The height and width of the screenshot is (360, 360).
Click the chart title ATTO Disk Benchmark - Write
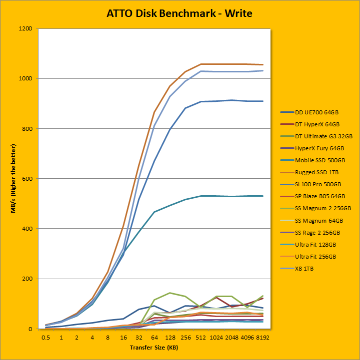pyautogui.click(x=179, y=13)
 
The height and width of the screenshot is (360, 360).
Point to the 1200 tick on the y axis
pyautogui.click(x=25, y=29)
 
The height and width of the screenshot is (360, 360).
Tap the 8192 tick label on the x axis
pyautogui.click(x=263, y=337)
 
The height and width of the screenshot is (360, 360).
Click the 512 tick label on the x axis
pyautogui.click(x=201, y=337)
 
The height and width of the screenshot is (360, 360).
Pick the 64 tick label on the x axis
pyautogui.click(x=154, y=337)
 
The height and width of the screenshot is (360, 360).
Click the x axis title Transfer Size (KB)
pyautogui.click(x=154, y=347)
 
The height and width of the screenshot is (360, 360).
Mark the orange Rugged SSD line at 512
pyautogui.click(x=201, y=64)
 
